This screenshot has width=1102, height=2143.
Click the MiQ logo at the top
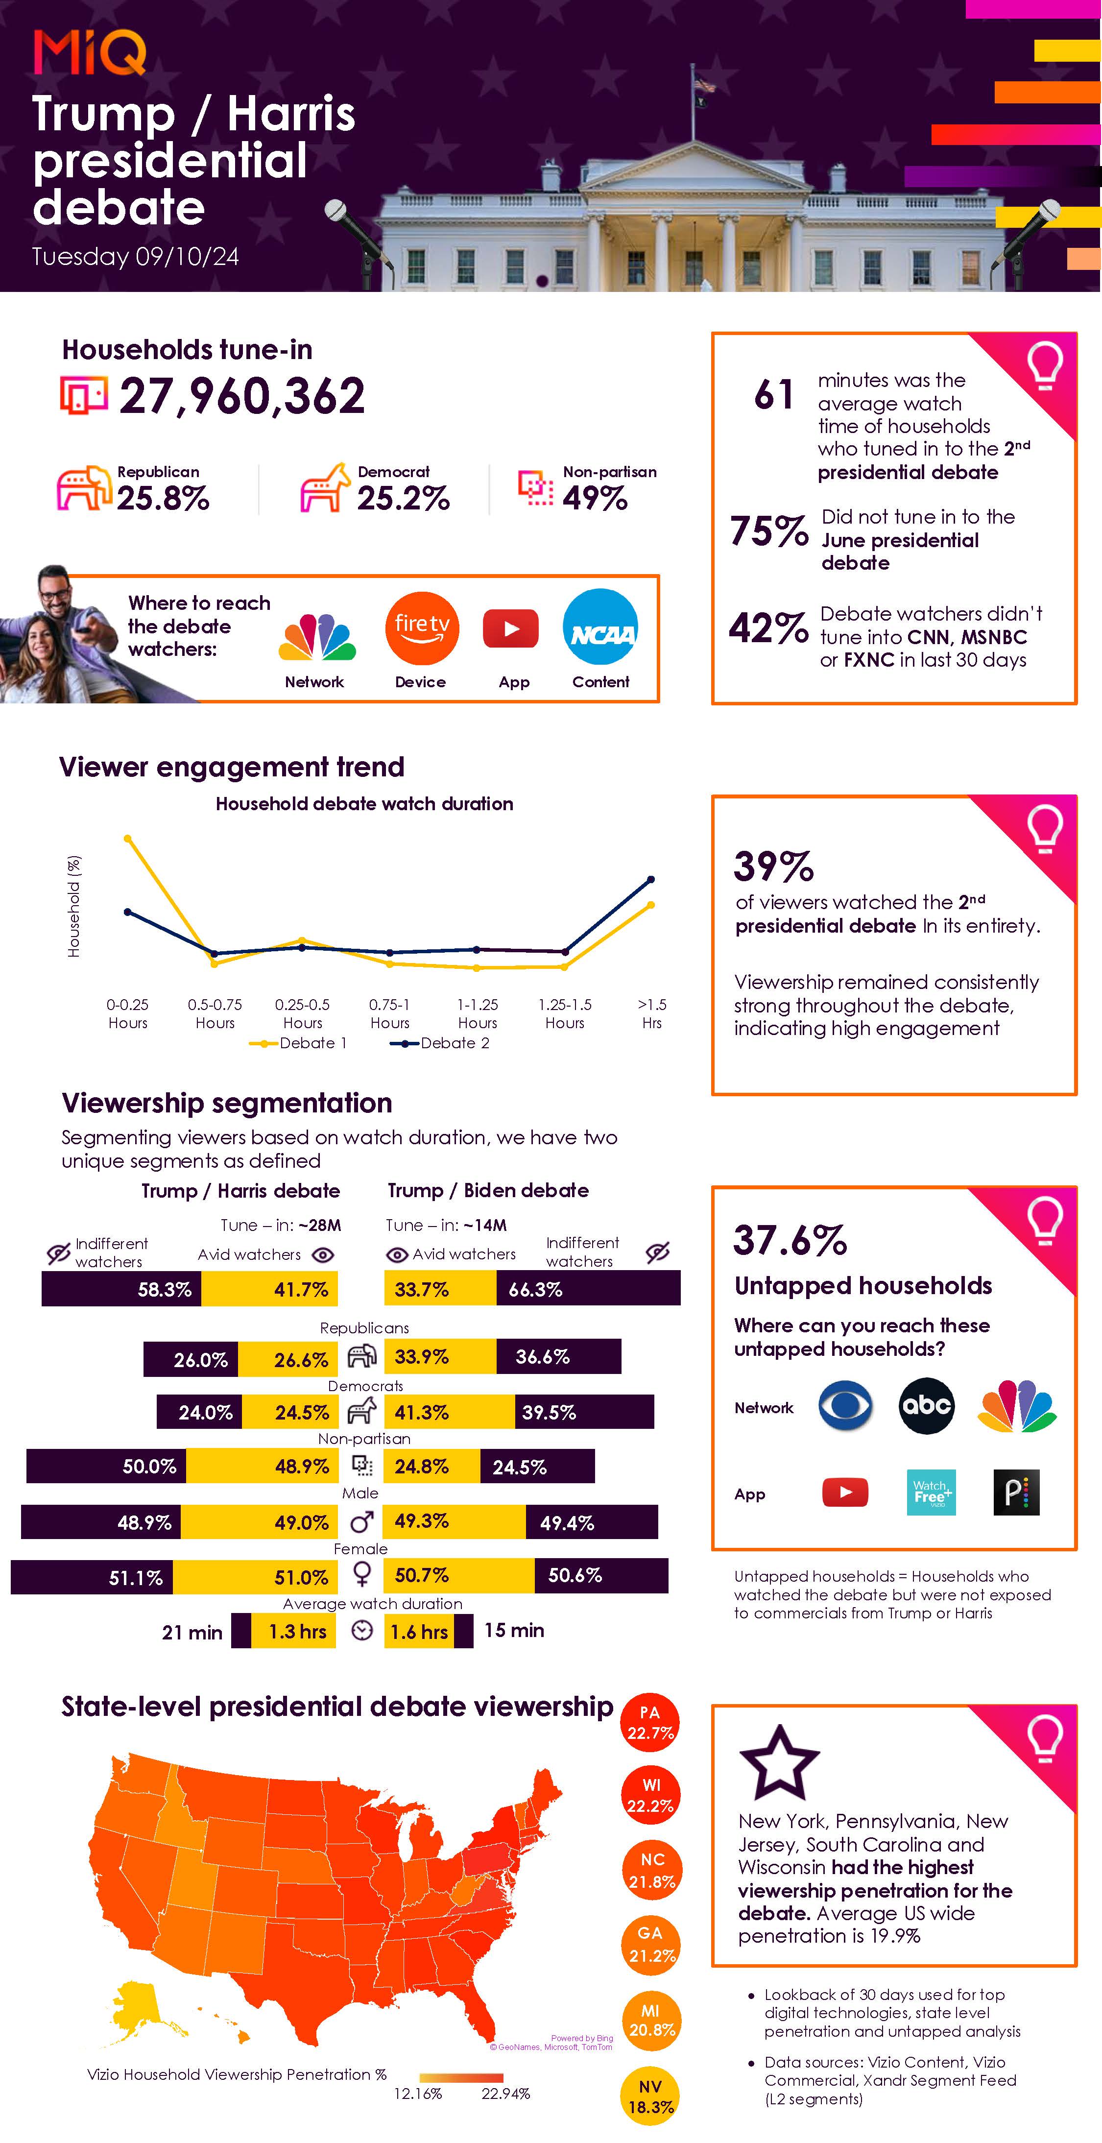pos(90,51)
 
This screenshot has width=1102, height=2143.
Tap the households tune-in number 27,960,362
pos(241,396)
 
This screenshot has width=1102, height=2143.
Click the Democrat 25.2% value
pos(404,498)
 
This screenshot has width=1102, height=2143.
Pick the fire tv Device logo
pos(422,628)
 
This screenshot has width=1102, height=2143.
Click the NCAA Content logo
pos(600,627)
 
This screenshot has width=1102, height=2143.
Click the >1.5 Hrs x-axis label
pos(652,1013)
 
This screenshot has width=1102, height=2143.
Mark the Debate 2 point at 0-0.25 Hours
pos(127,912)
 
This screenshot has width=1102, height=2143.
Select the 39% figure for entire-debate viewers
pos(773,866)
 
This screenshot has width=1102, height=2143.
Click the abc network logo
pos(927,1406)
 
